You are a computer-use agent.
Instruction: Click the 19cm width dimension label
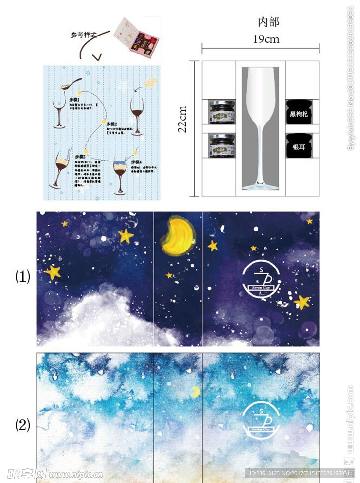click(x=266, y=39)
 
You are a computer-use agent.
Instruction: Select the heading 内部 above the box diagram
click(x=268, y=22)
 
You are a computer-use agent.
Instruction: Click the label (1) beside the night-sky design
click(x=23, y=277)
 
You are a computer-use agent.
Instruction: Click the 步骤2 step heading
click(x=113, y=125)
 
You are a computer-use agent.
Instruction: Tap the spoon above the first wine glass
click(x=68, y=84)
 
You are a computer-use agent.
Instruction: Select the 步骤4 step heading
click(x=137, y=161)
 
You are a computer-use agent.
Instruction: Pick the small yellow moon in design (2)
click(x=195, y=392)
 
